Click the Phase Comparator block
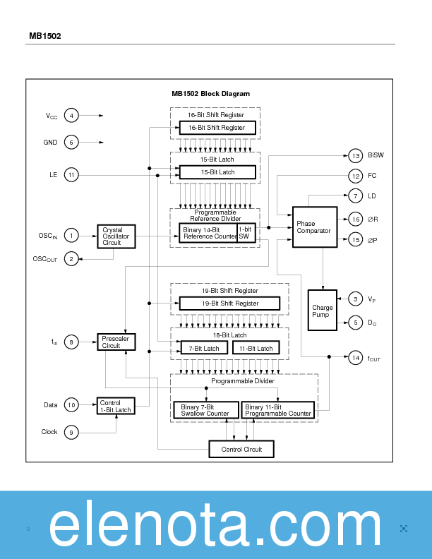315,227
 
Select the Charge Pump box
323,311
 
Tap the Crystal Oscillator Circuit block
116,236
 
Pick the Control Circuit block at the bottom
241,449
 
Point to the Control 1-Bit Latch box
115,407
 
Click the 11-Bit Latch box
256,348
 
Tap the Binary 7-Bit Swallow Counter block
205,410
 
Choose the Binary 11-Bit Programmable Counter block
278,410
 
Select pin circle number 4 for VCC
71,115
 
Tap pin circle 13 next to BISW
356,156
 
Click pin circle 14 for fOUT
356,359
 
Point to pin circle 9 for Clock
71,432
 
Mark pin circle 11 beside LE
71,174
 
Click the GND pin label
50,143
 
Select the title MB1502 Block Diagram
210,93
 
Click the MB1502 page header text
44,36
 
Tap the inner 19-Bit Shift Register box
229,303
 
